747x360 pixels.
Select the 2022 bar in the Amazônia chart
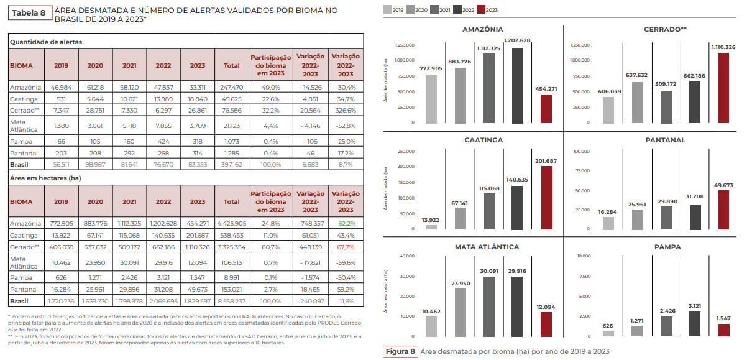point(518,86)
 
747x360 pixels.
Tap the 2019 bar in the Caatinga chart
point(431,227)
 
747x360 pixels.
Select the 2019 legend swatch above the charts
point(387,9)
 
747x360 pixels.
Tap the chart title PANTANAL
point(666,140)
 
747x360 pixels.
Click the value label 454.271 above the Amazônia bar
point(546,89)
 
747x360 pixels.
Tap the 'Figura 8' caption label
point(400,352)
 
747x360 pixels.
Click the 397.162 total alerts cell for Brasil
point(231,165)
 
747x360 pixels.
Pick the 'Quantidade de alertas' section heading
point(46,42)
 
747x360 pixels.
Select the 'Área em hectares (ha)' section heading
point(45,178)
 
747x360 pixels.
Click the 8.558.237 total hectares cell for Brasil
point(231,301)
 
